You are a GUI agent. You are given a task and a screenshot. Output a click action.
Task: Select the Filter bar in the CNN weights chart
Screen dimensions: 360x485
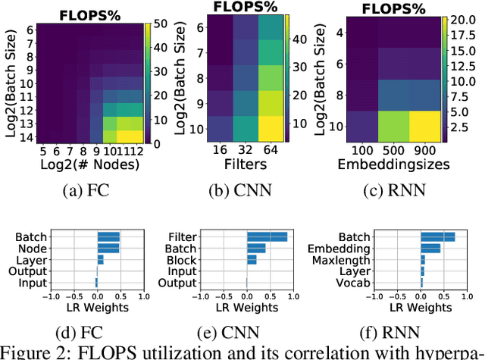pyautogui.click(x=267, y=237)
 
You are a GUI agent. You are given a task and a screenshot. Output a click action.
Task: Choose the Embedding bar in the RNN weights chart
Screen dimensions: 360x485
pyautogui.click(x=431, y=248)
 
